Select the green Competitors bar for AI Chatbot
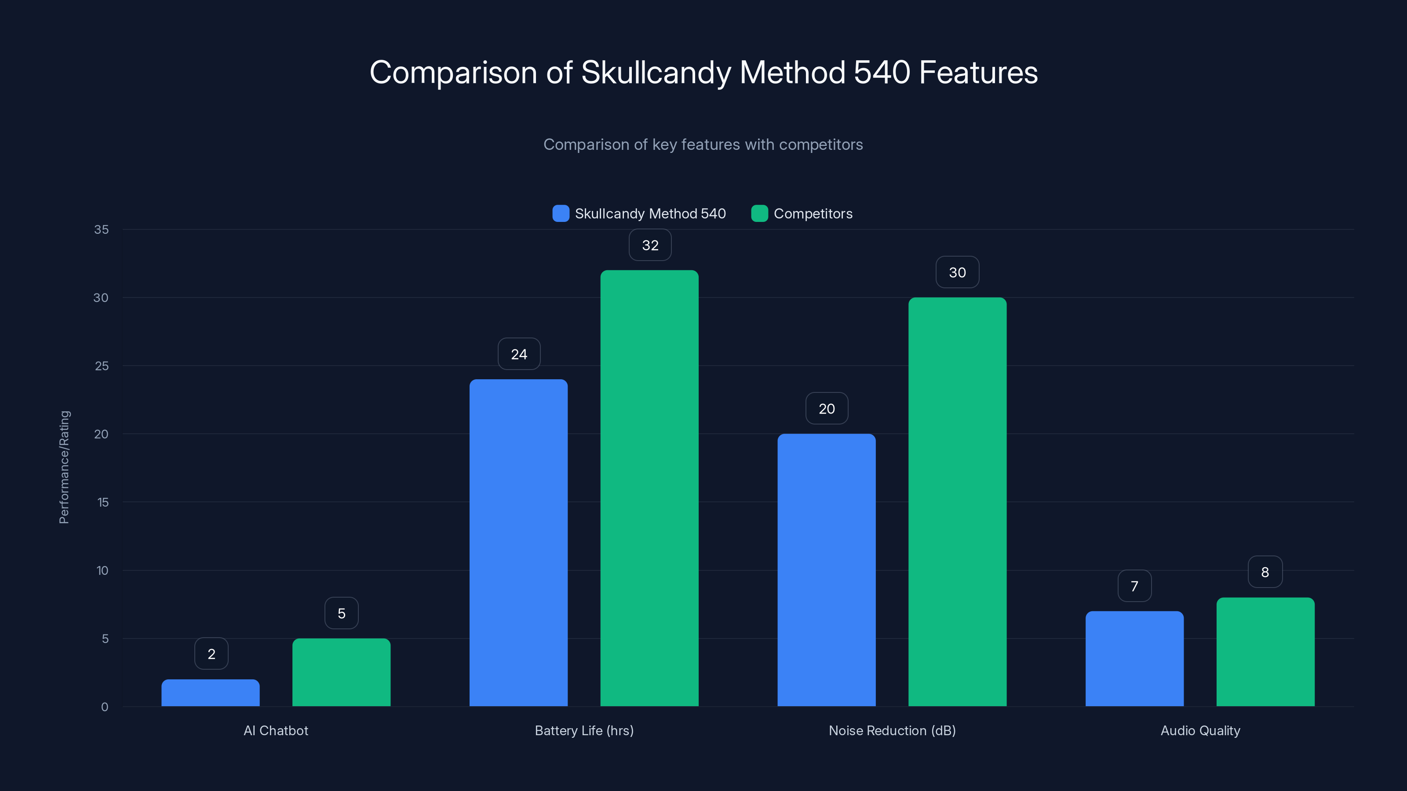pyautogui.click(x=341, y=672)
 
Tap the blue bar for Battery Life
pyautogui.click(x=518, y=543)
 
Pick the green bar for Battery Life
pyautogui.click(x=649, y=488)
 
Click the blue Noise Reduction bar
pyautogui.click(x=827, y=570)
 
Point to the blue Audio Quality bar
pyautogui.click(x=1134, y=658)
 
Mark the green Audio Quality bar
pyautogui.click(x=1265, y=652)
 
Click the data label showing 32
pyautogui.click(x=650, y=245)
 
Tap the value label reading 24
pyautogui.click(x=519, y=354)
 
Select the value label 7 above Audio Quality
pyautogui.click(x=1134, y=586)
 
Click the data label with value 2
pyautogui.click(x=211, y=654)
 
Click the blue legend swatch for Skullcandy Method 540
pyautogui.click(x=561, y=214)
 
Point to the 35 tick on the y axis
pyautogui.click(x=101, y=229)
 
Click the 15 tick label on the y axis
pyautogui.click(x=103, y=502)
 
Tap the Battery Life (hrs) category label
pyautogui.click(x=584, y=730)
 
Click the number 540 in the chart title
pyautogui.click(x=882, y=73)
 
